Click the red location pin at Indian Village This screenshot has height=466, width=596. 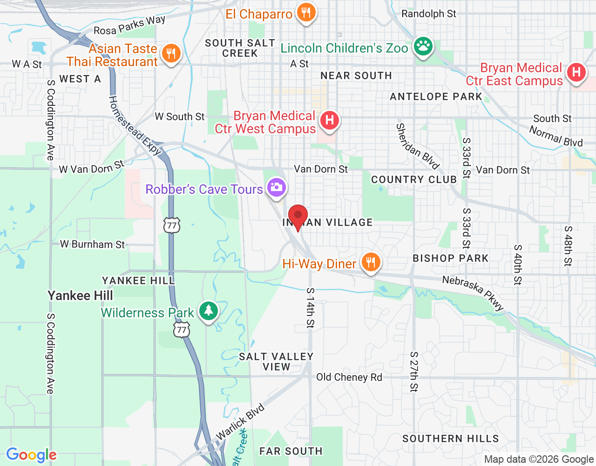[298, 217]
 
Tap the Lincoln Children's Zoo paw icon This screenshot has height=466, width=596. [423, 46]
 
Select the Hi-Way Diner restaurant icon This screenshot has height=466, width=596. [371, 262]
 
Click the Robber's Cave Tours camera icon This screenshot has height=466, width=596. [277, 187]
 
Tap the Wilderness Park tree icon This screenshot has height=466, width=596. [209, 311]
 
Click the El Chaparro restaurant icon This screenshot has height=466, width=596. [306, 12]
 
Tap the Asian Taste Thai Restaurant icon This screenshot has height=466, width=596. [171, 54]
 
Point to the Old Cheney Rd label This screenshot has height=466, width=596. [349, 377]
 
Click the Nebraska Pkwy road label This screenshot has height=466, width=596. [473, 293]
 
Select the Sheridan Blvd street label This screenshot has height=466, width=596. [418, 146]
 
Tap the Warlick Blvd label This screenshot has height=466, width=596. [240, 421]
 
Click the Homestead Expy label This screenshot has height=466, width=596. [135, 125]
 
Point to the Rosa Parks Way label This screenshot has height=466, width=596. [129, 26]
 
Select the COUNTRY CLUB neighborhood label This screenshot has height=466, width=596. [414, 179]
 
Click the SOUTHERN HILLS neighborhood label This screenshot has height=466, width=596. [451, 439]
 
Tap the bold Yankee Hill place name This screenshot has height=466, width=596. [81, 295]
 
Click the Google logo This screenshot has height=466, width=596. [32, 455]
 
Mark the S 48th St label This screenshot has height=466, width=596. [568, 246]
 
